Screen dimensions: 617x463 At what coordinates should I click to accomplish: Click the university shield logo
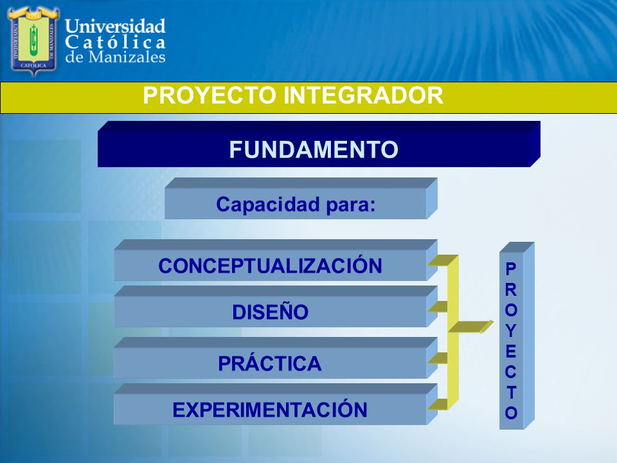(x=34, y=41)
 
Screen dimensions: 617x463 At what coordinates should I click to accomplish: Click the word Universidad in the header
(x=115, y=26)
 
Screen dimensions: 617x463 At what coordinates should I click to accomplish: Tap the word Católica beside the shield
(x=115, y=42)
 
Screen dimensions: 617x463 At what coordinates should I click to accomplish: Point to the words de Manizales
(x=115, y=57)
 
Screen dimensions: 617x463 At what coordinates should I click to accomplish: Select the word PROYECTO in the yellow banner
(x=210, y=95)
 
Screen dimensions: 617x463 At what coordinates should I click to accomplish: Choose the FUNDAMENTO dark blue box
(x=319, y=144)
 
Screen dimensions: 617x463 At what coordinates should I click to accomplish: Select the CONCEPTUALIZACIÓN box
(x=276, y=260)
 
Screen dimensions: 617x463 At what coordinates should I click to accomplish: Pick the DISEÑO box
(x=276, y=306)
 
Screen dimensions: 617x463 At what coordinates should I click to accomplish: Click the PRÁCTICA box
(x=276, y=358)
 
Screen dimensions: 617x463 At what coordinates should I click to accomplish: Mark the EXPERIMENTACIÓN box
(x=276, y=404)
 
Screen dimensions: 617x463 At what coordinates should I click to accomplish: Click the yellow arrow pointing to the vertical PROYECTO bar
(x=471, y=327)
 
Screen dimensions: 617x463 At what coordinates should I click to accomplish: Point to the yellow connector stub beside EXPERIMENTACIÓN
(x=438, y=404)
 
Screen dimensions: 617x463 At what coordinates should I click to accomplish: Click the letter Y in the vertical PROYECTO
(x=511, y=331)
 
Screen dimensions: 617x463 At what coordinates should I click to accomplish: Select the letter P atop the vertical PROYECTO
(x=511, y=269)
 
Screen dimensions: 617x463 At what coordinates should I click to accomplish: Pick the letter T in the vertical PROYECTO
(x=511, y=392)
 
